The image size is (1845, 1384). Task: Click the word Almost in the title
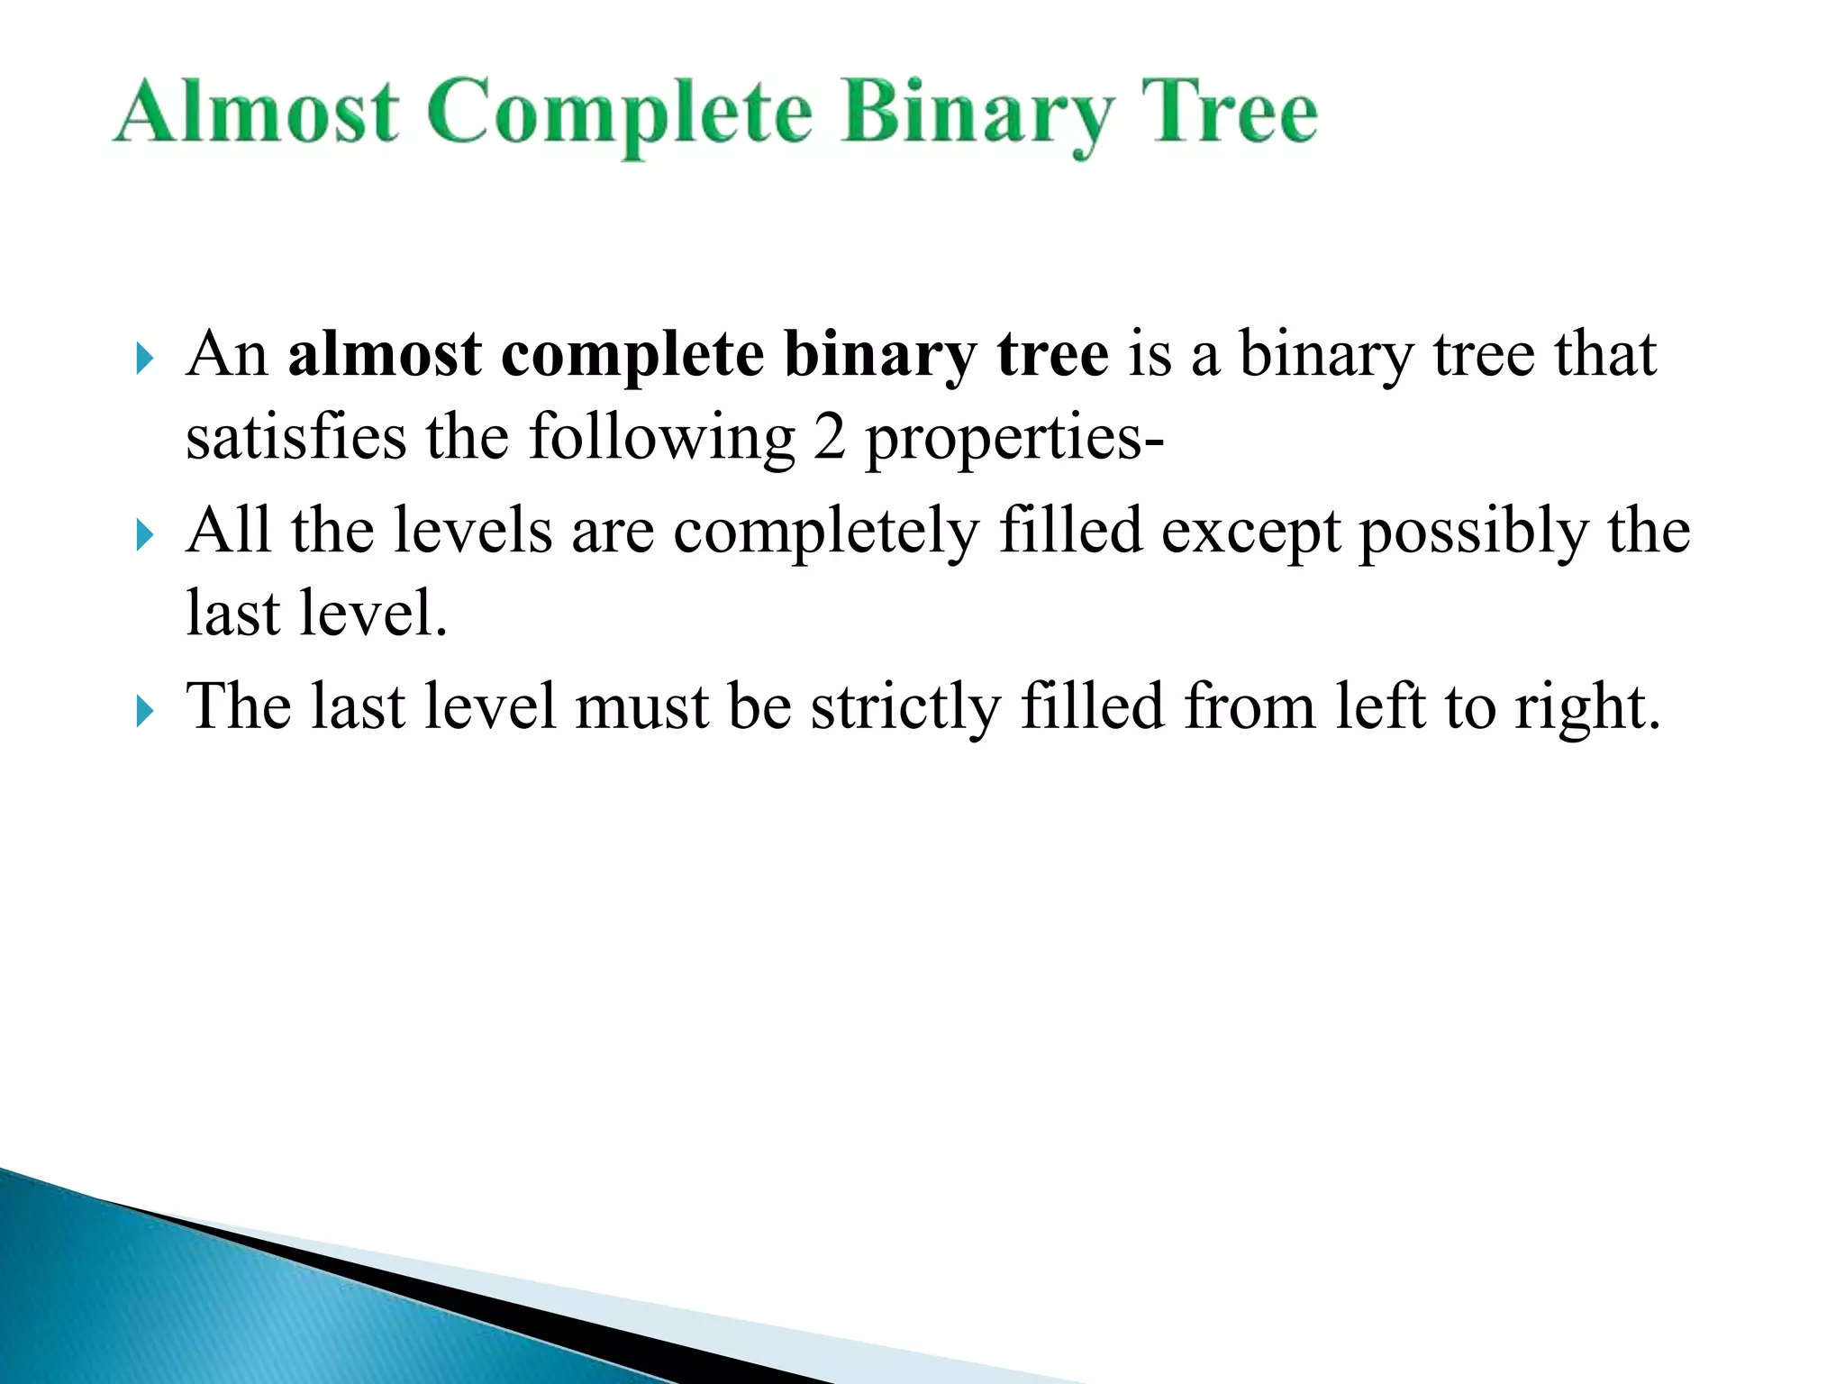[257, 112]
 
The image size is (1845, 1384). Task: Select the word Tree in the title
[1229, 112]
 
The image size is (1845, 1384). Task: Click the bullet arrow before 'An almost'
[144, 359]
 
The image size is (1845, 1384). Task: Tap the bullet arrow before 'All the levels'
[144, 535]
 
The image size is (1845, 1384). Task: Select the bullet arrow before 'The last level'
[144, 712]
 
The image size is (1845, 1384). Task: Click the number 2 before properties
[829, 437]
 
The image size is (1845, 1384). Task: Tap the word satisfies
[296, 437]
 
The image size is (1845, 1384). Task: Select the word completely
[826, 532]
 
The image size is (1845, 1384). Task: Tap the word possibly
[1474, 532]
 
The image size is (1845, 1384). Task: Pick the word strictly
[905, 707]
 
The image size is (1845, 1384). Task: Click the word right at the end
[1586, 707]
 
